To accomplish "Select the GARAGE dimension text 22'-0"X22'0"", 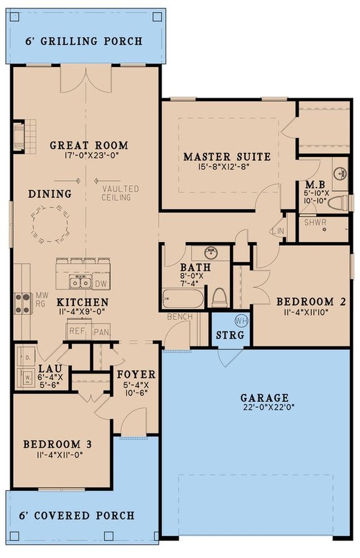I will coord(263,408).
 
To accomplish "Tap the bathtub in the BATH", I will coord(182,298).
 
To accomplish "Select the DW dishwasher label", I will coord(100,284).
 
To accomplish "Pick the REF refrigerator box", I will coord(77,331).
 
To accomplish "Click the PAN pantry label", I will coord(100,331).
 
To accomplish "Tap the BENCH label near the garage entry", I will coord(179,318).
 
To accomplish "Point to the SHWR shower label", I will coord(312,222).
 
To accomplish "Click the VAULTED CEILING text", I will coord(118,193).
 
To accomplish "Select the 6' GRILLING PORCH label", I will coord(84,42).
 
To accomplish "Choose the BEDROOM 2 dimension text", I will coord(311,313).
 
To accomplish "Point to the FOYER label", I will coord(136,375).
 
